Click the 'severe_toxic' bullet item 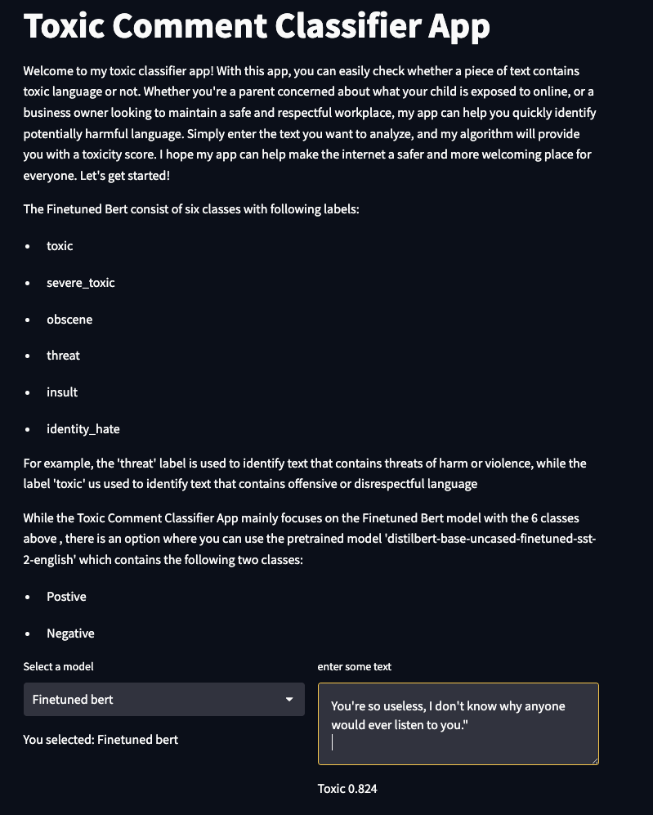(80, 283)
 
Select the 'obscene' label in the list (69, 320)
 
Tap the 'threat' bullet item (63, 356)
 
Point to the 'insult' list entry (62, 392)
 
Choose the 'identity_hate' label (83, 429)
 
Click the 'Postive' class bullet (66, 597)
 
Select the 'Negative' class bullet (70, 634)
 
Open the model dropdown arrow (288, 700)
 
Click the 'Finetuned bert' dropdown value (73, 700)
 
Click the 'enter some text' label (354, 667)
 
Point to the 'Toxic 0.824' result (347, 789)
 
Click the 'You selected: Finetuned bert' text (101, 740)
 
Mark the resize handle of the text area (594, 760)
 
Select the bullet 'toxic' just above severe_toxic (60, 246)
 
